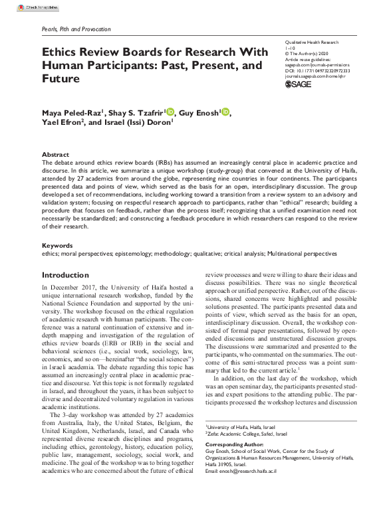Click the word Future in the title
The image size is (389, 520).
point(61,78)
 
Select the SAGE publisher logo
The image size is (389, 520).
point(297,85)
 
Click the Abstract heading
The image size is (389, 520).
point(55,154)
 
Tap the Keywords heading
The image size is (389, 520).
point(57,245)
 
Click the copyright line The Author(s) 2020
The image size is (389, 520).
point(307,53)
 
